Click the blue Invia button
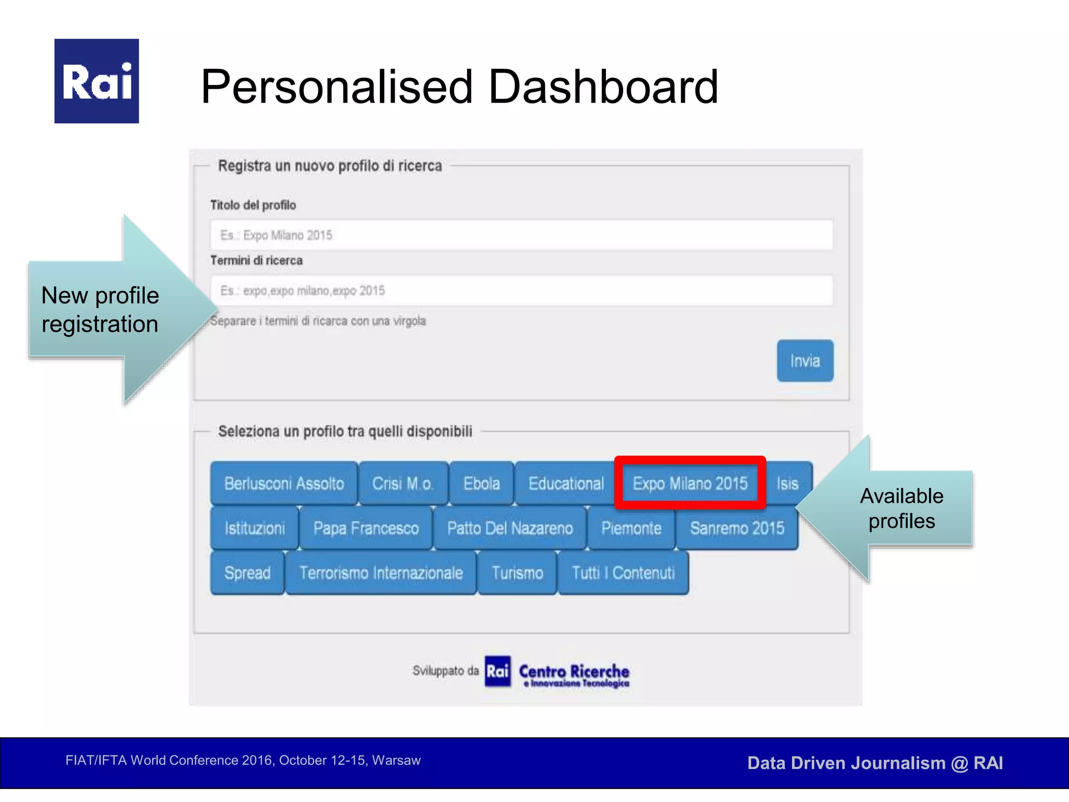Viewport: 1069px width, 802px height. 804,361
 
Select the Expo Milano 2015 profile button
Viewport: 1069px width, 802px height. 690,483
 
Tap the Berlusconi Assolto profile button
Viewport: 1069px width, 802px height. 284,483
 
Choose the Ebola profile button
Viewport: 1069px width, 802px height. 481,483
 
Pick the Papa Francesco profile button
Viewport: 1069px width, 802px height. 365,528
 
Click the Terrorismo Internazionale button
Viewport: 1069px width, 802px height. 381,573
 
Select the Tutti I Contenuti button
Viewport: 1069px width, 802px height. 623,573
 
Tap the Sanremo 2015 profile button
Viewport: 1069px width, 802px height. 737,528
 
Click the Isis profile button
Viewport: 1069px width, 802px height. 787,483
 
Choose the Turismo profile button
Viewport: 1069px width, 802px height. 517,573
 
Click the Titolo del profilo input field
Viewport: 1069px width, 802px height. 521,235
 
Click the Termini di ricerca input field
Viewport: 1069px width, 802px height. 521,290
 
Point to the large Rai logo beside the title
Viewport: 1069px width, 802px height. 97,81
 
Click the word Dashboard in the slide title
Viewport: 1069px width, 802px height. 603,87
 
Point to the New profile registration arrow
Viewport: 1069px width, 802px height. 110,310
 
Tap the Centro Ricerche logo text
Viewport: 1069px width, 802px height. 574,672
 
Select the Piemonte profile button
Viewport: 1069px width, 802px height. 631,528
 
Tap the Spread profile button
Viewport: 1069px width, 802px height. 247,573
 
